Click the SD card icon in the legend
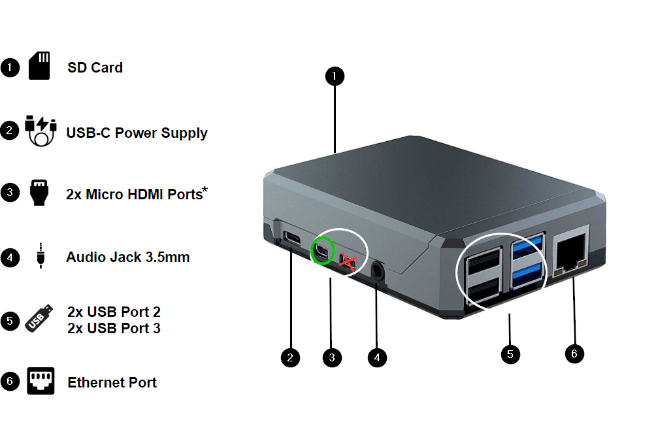click(x=39, y=67)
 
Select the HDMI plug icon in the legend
click(x=40, y=193)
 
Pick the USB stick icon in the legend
click(x=39, y=319)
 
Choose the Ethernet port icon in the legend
click(x=40, y=382)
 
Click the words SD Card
click(x=95, y=67)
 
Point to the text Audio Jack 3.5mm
click(x=127, y=257)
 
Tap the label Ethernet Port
click(x=112, y=382)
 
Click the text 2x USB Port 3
click(x=114, y=328)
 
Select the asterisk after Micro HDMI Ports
click(x=205, y=190)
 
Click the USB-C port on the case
click(x=291, y=238)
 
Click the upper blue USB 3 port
click(x=528, y=248)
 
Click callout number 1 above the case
click(x=335, y=76)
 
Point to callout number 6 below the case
click(x=574, y=354)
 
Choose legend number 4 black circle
click(x=10, y=257)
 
